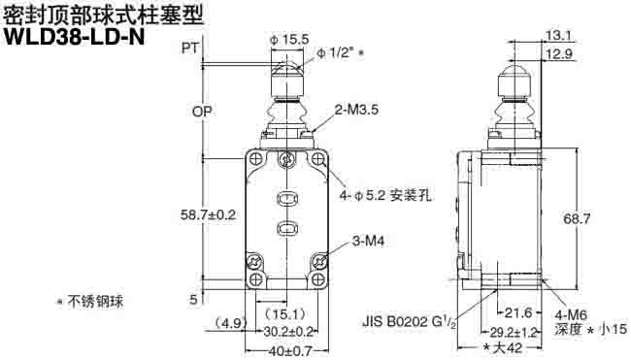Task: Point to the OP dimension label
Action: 201,112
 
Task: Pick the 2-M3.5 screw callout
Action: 356,111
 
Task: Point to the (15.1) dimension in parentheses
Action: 287,314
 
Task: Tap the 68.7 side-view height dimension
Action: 603,219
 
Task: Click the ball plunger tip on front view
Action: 288,71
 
